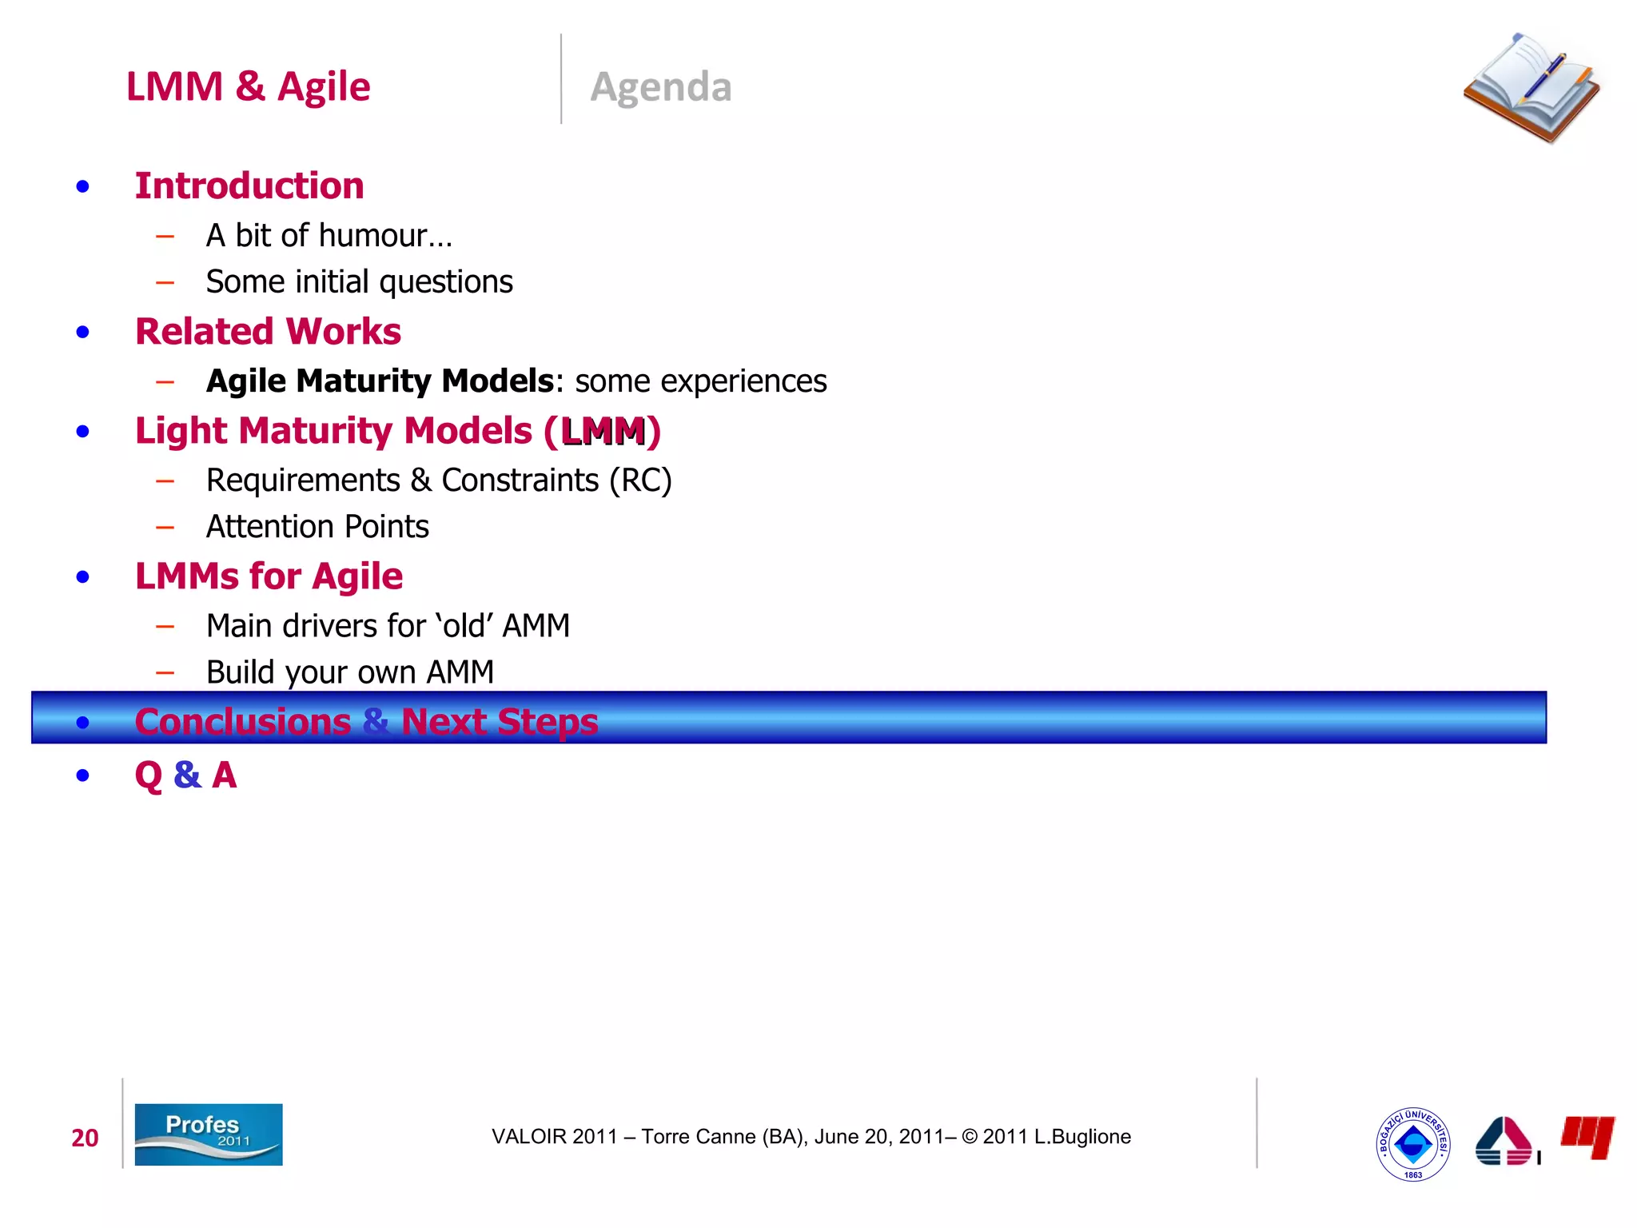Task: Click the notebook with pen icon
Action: (x=1531, y=88)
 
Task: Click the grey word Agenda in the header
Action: (x=660, y=86)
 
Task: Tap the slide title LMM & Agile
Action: (x=248, y=86)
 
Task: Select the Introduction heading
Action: (x=249, y=186)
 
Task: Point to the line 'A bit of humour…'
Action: (x=329, y=236)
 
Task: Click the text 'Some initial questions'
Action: (x=359, y=282)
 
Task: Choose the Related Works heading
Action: (x=268, y=332)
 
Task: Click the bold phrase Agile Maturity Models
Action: (x=380, y=381)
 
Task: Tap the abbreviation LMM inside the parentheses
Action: (x=603, y=432)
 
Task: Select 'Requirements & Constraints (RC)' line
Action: (x=438, y=480)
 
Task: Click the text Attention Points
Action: (x=317, y=527)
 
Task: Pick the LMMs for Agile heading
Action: (x=269, y=576)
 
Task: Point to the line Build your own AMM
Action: (x=349, y=672)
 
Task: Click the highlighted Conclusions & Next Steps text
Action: (x=366, y=722)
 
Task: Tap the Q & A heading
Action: (x=185, y=775)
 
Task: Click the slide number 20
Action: (x=85, y=1138)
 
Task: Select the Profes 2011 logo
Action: (x=208, y=1134)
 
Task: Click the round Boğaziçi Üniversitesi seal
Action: (x=1412, y=1144)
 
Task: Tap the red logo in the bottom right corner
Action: (x=1587, y=1136)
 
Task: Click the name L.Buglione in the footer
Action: (x=1082, y=1137)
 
